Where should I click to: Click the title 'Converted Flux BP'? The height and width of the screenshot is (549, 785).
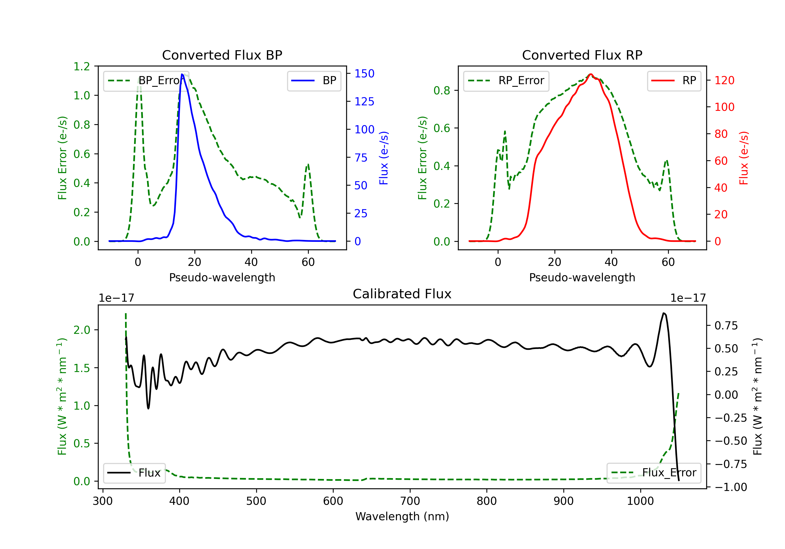pos(222,55)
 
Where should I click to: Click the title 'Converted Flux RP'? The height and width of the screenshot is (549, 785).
pos(582,55)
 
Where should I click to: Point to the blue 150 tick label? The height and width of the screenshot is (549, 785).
pos(364,73)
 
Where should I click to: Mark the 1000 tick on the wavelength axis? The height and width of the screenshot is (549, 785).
pos(640,501)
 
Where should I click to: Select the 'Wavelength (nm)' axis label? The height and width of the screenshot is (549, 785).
pos(402,516)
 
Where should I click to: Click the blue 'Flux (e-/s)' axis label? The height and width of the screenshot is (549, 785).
pos(384,158)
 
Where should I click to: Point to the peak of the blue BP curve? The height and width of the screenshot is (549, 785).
pos(182,74)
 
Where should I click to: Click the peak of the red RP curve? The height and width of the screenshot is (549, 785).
pos(591,74)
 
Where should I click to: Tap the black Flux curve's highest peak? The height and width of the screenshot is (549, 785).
pos(663,313)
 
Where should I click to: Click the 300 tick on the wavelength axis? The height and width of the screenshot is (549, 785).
pos(103,501)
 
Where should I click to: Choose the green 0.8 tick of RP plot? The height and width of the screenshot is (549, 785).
pos(441,90)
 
